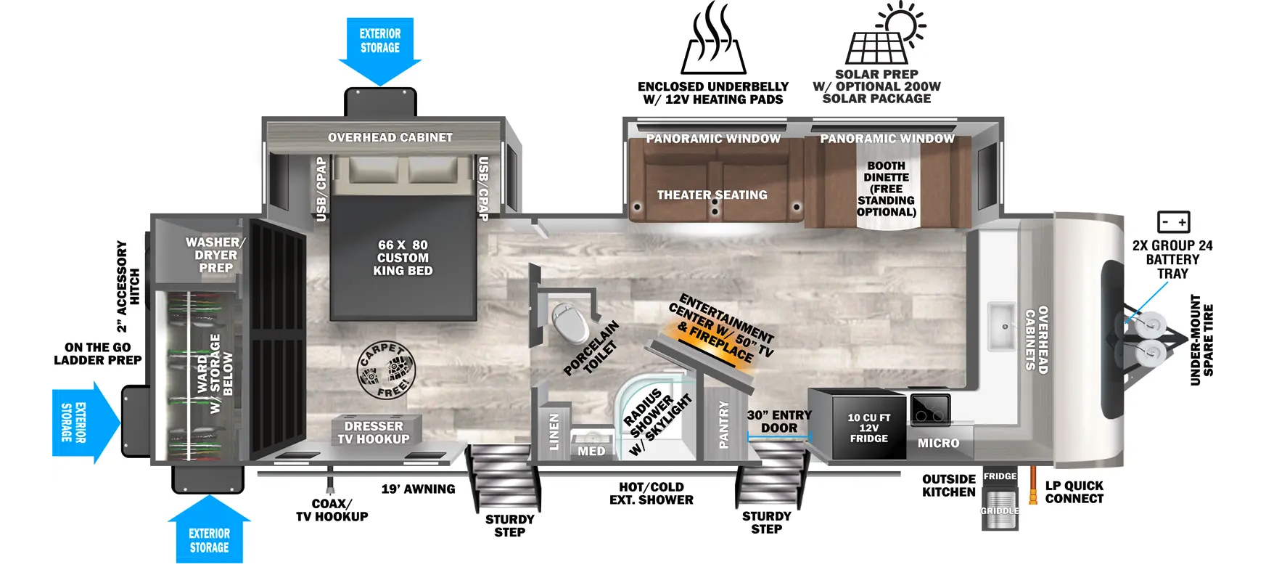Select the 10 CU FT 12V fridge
pyautogui.click(x=868, y=428)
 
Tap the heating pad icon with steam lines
pyautogui.click(x=715, y=40)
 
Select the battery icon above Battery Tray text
pyautogui.click(x=1173, y=221)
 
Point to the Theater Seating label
pyautogui.click(x=712, y=195)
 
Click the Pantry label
pyautogui.click(x=723, y=425)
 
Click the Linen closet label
pyautogui.click(x=554, y=432)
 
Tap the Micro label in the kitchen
pyautogui.click(x=938, y=443)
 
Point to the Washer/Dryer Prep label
pyautogui.click(x=215, y=255)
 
